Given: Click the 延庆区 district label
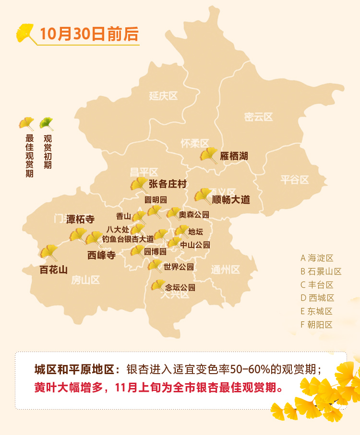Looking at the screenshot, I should tap(163, 96).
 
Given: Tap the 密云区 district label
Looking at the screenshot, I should tap(258, 117).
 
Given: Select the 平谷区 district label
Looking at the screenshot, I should tap(295, 180).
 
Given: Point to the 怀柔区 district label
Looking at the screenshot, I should tap(195, 143).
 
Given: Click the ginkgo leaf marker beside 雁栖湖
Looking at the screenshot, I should tap(209, 155).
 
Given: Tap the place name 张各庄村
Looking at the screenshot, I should tap(168, 184).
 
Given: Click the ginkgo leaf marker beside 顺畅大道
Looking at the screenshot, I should tap(203, 196).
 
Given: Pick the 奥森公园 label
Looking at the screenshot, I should tap(194, 214).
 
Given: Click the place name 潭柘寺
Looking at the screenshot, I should tap(81, 219).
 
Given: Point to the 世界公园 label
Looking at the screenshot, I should tap(179, 267).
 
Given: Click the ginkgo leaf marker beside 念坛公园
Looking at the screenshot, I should tap(158, 286).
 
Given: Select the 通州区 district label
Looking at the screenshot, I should tap(225, 270).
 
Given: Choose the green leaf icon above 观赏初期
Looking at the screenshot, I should tap(47, 124).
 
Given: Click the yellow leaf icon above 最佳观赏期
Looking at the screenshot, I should tap(26, 124).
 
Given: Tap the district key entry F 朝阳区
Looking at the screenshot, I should tap(317, 325).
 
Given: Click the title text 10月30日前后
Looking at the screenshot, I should tap(89, 34).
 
